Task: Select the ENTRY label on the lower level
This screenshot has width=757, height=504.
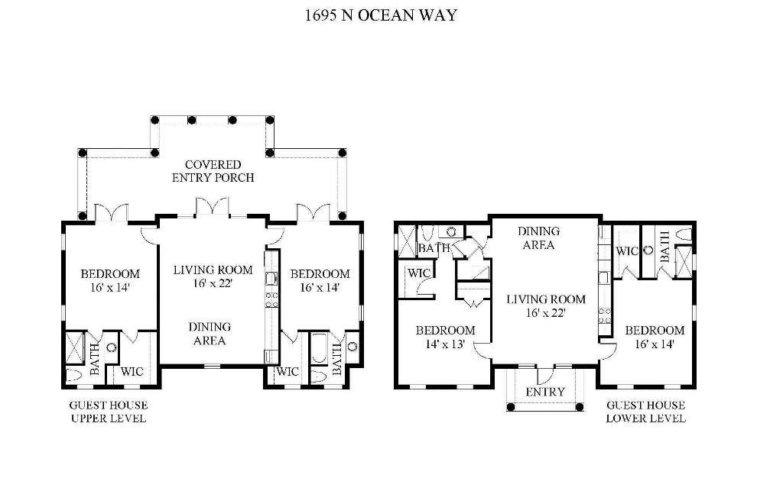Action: [x=546, y=392]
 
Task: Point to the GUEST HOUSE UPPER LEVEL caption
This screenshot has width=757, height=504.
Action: [x=108, y=412]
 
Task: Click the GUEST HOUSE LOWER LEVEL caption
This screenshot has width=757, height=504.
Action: [x=645, y=412]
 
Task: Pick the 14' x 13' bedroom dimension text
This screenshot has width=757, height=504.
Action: [x=445, y=344]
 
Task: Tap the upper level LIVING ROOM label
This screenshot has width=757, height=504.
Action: [x=202, y=270]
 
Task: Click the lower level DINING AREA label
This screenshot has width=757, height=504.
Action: [x=538, y=238]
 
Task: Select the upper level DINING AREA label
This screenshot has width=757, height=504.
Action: [x=209, y=333]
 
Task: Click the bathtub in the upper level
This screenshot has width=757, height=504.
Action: [x=319, y=352]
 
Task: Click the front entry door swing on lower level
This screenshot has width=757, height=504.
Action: [x=546, y=374]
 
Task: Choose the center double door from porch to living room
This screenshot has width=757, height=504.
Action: [x=210, y=208]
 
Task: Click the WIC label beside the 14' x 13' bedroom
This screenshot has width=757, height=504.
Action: [x=417, y=273]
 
